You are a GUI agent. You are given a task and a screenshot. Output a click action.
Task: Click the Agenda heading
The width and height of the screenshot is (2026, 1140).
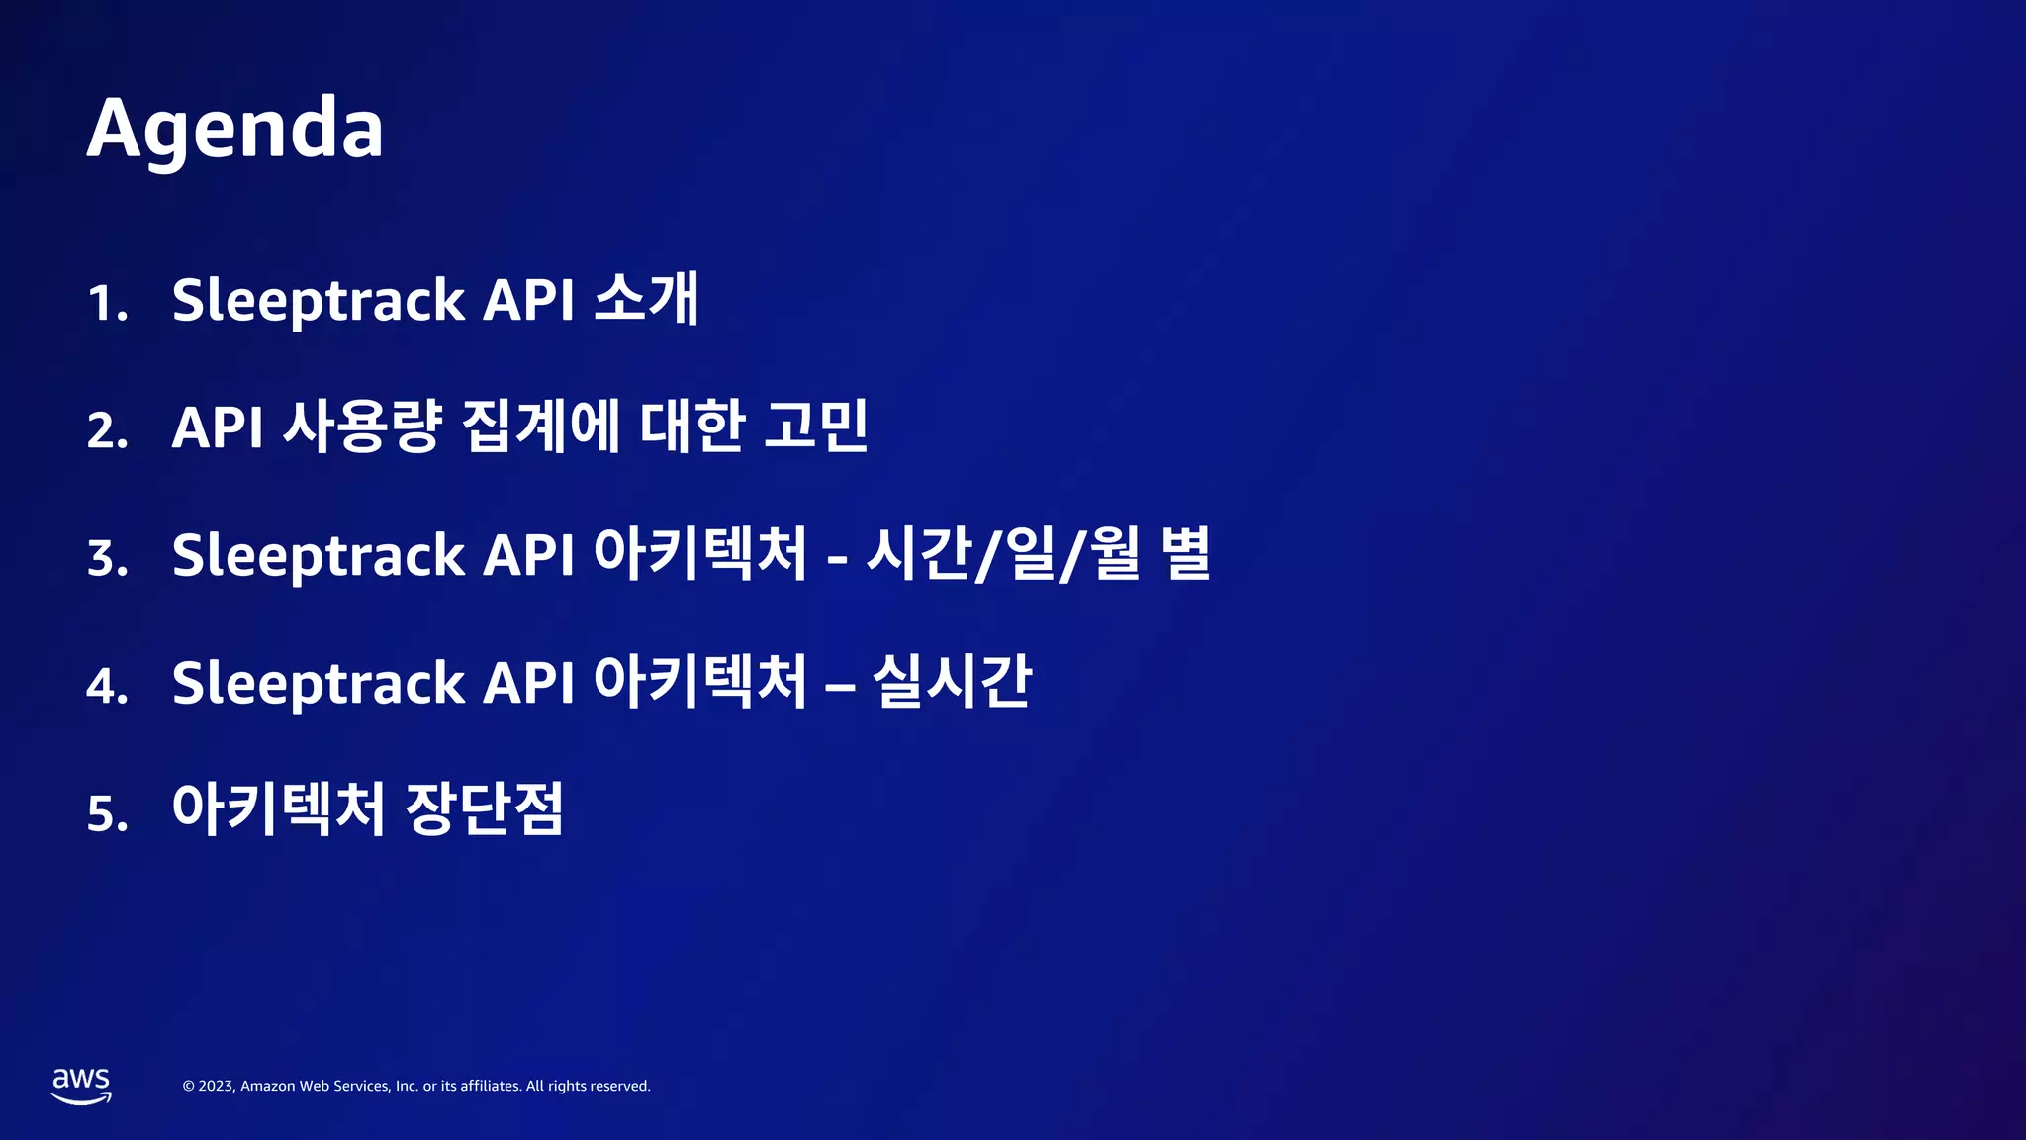click(x=235, y=129)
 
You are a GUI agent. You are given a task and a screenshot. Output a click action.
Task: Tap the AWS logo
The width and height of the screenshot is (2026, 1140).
click(x=81, y=1086)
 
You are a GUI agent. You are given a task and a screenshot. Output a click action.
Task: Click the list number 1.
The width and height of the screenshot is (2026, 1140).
click(x=107, y=303)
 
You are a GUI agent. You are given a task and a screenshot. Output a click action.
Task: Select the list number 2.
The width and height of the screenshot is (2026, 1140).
click(x=107, y=430)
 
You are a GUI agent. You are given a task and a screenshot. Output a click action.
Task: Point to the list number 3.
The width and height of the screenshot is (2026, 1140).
click(x=107, y=558)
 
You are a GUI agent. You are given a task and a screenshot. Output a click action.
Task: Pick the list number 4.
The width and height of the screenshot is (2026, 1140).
click(x=107, y=686)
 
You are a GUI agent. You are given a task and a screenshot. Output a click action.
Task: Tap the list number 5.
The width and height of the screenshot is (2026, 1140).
click(x=107, y=813)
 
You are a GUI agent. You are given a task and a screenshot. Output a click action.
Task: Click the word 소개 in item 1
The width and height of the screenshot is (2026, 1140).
click(x=647, y=298)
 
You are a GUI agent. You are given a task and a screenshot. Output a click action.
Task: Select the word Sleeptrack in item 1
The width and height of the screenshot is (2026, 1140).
click(x=318, y=301)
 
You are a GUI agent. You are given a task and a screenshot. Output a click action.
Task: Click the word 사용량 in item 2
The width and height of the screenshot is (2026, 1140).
click(x=361, y=427)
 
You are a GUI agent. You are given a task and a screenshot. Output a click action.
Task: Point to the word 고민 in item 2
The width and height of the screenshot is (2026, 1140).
click(x=816, y=427)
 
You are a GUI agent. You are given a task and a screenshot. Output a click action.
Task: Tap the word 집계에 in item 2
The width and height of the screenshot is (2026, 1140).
click(x=541, y=427)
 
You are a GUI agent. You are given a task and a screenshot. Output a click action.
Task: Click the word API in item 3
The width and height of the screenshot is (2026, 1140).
click(x=528, y=555)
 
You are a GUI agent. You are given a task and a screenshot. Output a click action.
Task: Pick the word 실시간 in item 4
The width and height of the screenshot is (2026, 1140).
click(x=952, y=682)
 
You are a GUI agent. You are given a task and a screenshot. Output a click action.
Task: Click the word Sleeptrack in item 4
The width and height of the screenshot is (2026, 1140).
click(x=318, y=684)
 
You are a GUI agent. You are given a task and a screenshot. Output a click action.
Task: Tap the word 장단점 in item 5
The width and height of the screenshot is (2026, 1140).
click(x=485, y=808)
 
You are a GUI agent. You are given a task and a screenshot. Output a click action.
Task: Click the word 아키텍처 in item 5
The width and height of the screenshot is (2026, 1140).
click(x=278, y=808)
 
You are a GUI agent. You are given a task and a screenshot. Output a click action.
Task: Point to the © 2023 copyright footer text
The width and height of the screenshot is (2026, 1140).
click(x=416, y=1086)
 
